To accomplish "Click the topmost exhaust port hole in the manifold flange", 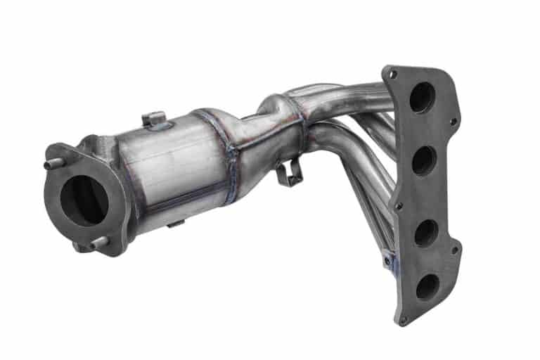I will point(422,98).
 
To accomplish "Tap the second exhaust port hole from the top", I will point(424,161).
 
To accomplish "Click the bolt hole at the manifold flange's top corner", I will point(393,74).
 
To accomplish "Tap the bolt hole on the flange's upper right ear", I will point(453,122).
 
